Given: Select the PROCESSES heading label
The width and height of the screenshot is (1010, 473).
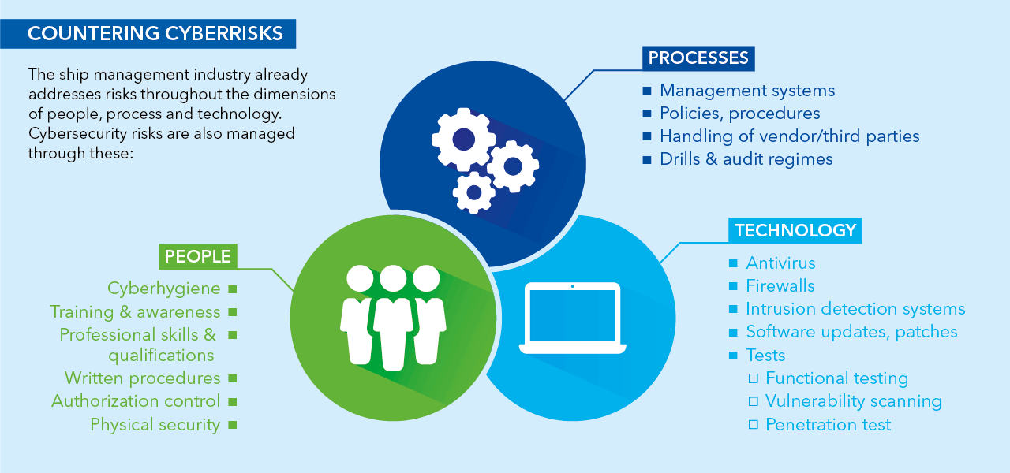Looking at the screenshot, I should (698, 58).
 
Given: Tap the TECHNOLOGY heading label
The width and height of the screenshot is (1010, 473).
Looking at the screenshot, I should (795, 230).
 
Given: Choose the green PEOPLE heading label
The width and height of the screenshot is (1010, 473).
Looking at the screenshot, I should (197, 256).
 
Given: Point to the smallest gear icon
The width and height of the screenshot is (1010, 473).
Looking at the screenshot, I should (474, 192).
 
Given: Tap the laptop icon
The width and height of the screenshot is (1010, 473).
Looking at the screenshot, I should (572, 318).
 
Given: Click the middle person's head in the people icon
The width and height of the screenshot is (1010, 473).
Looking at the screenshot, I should (392, 278).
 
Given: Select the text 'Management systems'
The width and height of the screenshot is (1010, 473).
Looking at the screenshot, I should (746, 91).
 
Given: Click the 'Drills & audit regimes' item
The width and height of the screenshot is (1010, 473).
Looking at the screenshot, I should (746, 159).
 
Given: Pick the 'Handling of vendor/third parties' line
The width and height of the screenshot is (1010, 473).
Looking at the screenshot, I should (789, 136).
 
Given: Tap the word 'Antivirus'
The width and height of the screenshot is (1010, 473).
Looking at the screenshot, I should (780, 263).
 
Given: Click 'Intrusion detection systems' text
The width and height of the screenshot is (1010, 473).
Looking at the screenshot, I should (855, 309).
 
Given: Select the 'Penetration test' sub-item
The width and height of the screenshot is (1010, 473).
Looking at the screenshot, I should (828, 425).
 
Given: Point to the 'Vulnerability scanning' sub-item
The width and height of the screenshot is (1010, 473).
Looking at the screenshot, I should (853, 401).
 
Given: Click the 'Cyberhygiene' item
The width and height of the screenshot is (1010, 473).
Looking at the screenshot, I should (163, 289).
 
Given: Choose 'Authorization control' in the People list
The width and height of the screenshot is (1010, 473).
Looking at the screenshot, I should (136, 401).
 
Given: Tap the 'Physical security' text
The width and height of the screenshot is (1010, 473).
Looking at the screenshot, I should (155, 425).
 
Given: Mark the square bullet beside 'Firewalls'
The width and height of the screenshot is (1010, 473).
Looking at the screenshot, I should (733, 286).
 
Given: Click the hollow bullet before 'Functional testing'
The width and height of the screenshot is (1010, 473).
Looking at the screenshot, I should (753, 378).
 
